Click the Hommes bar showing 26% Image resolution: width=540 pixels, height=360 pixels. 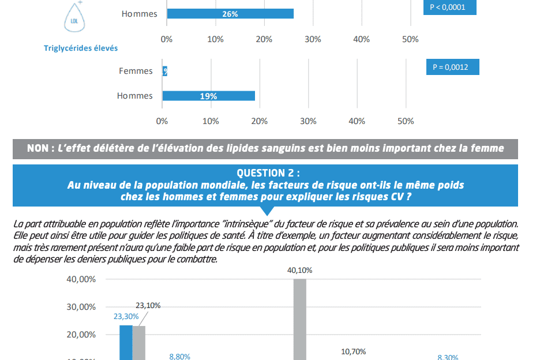[x=230, y=14]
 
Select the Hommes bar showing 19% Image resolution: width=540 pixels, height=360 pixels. [x=208, y=96]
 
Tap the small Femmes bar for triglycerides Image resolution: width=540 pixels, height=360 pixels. [x=165, y=71]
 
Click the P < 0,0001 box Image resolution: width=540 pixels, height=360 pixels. [x=449, y=7]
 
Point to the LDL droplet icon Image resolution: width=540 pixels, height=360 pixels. [x=73, y=20]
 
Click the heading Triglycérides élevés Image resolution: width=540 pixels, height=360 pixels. [x=81, y=48]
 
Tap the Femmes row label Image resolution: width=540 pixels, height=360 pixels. [x=136, y=71]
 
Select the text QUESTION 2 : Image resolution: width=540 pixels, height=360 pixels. [x=268, y=173]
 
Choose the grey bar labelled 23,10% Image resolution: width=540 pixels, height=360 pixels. [x=138, y=343]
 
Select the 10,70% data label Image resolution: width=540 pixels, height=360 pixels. [x=354, y=351]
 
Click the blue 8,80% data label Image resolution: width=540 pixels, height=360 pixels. [x=179, y=357]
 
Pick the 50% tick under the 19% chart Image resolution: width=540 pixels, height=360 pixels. [x=406, y=121]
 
